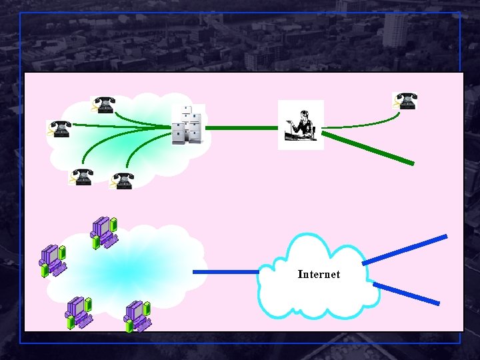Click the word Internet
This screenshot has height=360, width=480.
point(319,274)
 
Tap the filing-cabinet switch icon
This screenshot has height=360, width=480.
point(187,125)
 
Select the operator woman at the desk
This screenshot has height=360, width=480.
point(301,125)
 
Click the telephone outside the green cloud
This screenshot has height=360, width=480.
point(405,101)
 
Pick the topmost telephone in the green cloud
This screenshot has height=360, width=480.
point(103,105)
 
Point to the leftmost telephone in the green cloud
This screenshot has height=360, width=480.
point(59,129)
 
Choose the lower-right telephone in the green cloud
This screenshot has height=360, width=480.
point(122,181)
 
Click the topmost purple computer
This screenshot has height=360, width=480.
point(104,231)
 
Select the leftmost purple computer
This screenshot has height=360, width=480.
point(53,261)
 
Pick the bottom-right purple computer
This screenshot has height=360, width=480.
point(137,316)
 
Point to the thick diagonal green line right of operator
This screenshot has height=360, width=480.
point(369,148)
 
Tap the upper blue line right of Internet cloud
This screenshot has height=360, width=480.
point(405,249)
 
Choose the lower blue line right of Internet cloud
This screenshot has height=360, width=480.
point(406,293)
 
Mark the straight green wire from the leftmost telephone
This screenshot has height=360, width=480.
point(120,125)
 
